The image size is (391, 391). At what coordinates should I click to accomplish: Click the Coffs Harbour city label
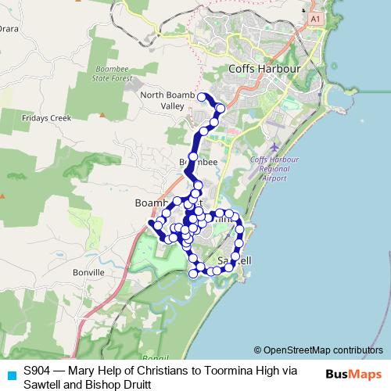tap(264, 69)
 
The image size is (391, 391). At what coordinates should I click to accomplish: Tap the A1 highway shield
tap(315, 17)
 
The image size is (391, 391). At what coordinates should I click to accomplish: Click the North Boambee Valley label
tap(167, 100)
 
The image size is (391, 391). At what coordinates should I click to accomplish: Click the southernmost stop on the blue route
tap(194, 274)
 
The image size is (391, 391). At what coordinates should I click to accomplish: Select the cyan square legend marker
tap(10, 374)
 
